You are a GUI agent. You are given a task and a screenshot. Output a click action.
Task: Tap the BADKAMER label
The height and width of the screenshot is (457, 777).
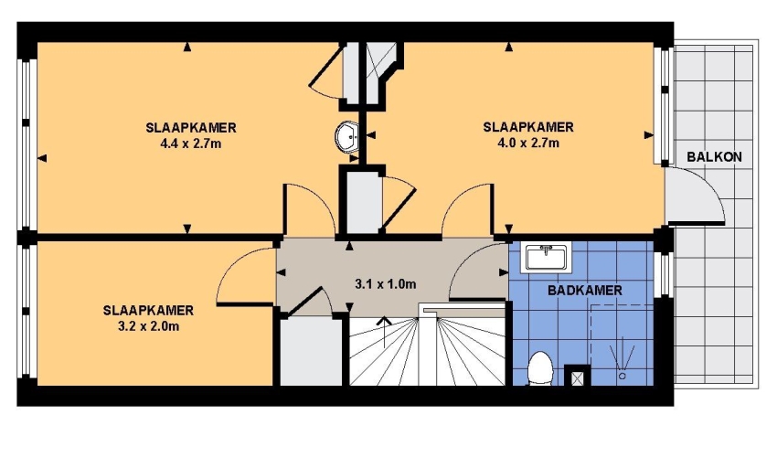585,290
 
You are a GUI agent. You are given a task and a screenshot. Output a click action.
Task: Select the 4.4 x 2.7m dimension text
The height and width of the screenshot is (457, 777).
191,143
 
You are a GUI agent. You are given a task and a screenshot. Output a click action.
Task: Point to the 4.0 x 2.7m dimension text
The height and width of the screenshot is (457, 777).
528,143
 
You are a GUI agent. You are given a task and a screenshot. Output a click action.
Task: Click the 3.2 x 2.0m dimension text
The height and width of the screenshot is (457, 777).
148,326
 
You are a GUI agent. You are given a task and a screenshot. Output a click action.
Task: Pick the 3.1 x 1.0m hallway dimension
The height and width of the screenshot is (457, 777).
386,284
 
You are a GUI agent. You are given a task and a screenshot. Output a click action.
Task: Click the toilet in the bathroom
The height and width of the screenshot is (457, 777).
539,368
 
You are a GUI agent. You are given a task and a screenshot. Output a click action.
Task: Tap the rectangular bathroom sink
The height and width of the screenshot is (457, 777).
546,257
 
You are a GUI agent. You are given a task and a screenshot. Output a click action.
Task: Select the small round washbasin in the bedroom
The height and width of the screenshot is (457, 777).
346,136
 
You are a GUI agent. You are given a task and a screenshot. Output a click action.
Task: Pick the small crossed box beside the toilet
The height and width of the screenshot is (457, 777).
578,378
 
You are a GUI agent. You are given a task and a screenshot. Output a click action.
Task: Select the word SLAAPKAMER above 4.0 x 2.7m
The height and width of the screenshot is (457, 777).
528,127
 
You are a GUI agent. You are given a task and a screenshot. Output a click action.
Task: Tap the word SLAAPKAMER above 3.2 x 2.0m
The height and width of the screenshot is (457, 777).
148,311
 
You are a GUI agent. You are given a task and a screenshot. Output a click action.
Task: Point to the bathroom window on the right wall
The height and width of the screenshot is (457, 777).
664,274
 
